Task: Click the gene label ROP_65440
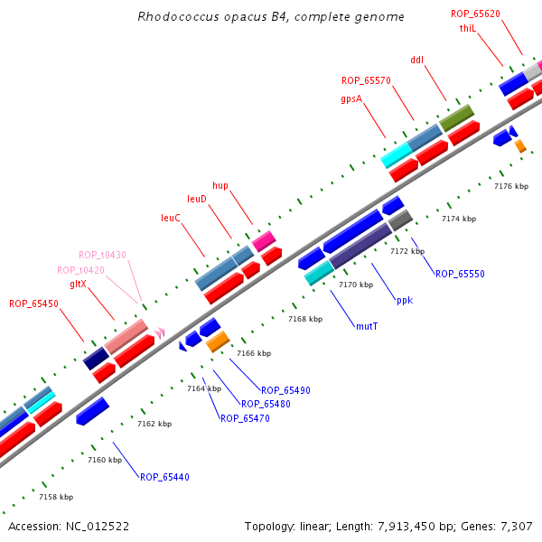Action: [164, 477]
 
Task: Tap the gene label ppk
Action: [405, 300]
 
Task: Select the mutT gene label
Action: [367, 326]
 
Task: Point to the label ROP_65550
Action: [460, 274]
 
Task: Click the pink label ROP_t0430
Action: [102, 255]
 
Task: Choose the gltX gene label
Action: [78, 284]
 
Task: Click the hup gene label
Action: [220, 185]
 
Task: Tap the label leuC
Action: [171, 218]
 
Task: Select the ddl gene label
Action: [416, 60]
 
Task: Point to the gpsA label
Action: [351, 98]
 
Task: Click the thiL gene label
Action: [467, 28]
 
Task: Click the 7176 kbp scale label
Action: [510, 186]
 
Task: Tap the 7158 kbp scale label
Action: [56, 497]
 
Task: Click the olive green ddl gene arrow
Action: [456, 117]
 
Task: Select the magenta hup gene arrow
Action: [264, 240]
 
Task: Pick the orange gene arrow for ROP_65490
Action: [218, 341]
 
